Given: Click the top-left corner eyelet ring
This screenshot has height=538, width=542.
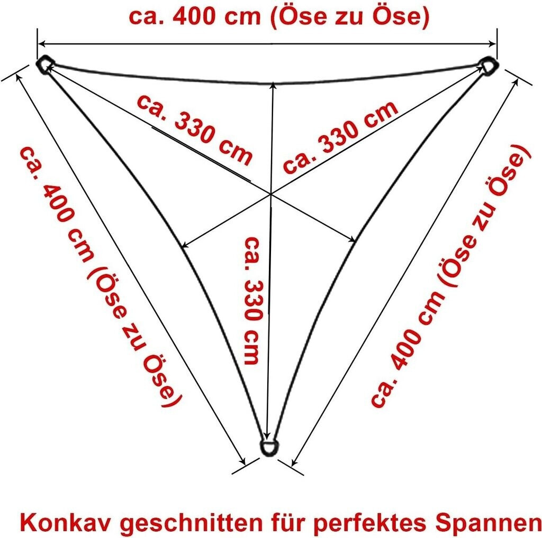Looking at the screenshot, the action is (x=44, y=64).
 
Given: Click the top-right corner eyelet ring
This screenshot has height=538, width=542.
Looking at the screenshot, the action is (x=488, y=66).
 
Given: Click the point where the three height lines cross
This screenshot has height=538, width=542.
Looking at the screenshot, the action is (x=271, y=194).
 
